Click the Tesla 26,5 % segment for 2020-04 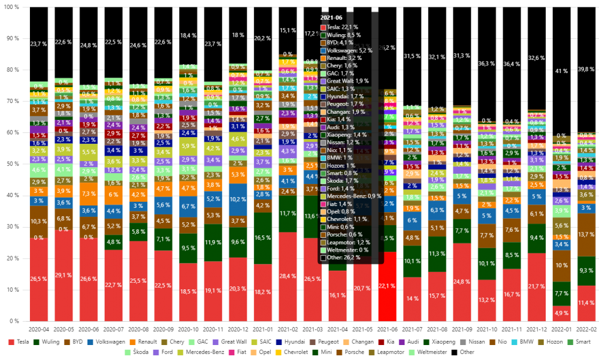point(39,279)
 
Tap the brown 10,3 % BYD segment point(39,222)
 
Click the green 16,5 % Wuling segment point(262,238)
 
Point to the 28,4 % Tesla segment point(288,276)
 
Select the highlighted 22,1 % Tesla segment point(387,286)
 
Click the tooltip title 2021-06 point(331,18)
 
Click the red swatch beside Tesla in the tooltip point(323,27)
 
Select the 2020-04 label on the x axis point(39,329)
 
